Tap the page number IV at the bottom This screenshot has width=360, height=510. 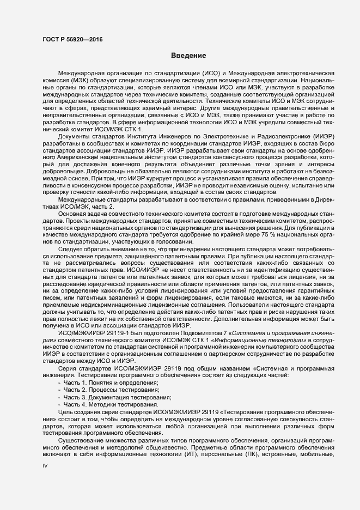pos(45,466)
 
